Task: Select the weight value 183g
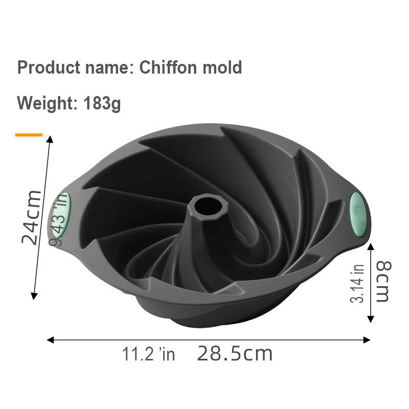[102, 103]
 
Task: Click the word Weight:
[47, 103]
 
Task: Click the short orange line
[29, 135]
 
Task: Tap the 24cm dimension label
[32, 217]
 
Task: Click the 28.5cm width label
[235, 353]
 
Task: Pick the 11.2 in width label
[148, 354]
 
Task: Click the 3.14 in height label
[358, 283]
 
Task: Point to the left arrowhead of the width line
[50, 339]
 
